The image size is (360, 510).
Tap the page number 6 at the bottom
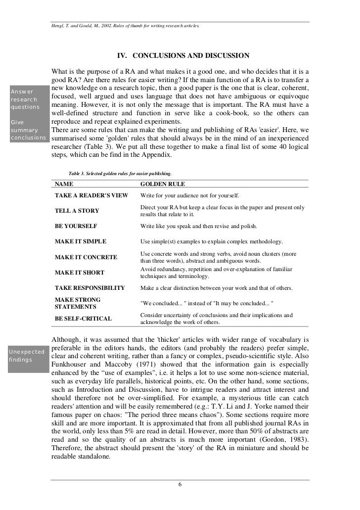(x=180, y=484)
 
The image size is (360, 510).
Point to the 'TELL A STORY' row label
(x=77, y=211)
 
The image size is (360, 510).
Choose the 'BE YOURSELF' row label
(x=76, y=226)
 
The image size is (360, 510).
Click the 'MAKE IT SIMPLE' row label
(x=80, y=241)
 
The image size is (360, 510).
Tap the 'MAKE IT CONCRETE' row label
(x=86, y=257)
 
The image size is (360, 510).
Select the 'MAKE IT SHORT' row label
(x=79, y=273)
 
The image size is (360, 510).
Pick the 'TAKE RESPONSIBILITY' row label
(x=90, y=288)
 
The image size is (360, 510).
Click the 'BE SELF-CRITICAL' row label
(x=83, y=319)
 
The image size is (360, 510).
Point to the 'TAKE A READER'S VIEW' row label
(x=91, y=195)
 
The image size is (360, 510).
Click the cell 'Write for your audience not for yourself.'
(x=189, y=195)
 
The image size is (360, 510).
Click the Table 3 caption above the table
(x=120, y=174)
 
